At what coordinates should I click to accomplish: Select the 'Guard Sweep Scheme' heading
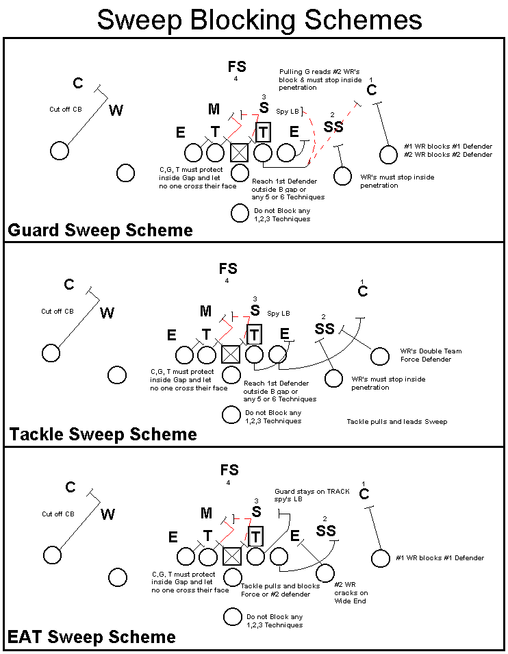pos(100,230)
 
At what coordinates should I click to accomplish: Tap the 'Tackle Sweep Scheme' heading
pos(103,434)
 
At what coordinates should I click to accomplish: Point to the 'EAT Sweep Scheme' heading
pos(91,638)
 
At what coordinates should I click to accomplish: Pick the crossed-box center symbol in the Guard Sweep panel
pos(239,152)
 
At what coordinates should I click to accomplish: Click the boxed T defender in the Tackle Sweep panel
pos(255,335)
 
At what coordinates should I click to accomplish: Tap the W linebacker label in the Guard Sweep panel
pos(116,110)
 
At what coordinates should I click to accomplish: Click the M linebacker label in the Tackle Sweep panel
pos(206,312)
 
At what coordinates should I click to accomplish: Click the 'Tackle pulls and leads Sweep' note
pos(396,421)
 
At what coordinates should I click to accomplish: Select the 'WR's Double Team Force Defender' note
pos(431,355)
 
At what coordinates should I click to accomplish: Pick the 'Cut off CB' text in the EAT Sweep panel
pos(58,514)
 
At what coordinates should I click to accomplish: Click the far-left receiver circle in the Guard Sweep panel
pos(60,151)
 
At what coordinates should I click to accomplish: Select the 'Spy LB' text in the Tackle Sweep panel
pos(279,313)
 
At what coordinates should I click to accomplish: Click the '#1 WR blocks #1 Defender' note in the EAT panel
pos(440,558)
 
